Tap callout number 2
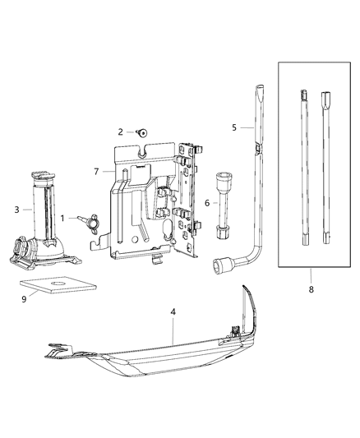[x=120, y=131]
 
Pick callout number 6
[x=207, y=203]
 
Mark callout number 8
[x=312, y=289]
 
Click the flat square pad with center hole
[x=53, y=286]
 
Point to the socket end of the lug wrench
[x=222, y=265]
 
